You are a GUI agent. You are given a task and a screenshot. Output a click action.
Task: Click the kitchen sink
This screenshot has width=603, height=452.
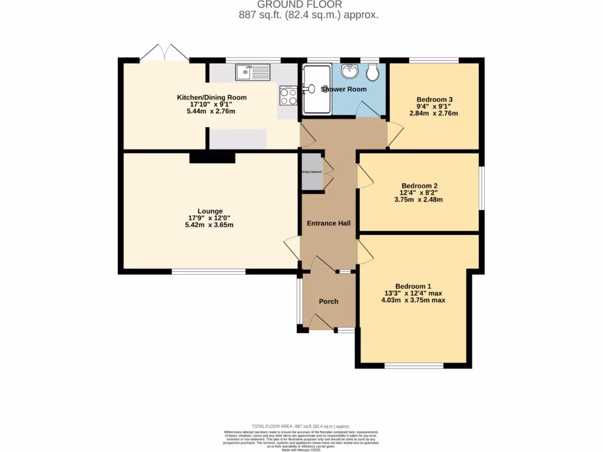(x=252, y=72)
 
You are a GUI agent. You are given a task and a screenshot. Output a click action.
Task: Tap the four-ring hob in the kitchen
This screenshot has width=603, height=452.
(x=288, y=96)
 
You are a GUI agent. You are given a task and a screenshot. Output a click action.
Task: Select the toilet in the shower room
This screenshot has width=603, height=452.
(x=372, y=73)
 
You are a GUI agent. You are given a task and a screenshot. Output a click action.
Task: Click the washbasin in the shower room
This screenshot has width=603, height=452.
(x=350, y=72)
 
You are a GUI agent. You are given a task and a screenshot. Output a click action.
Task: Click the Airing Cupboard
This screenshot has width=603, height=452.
(x=312, y=172)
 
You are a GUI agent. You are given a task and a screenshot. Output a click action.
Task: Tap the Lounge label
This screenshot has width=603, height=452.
(x=210, y=211)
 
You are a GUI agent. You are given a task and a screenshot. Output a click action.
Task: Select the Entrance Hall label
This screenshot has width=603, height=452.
(x=328, y=224)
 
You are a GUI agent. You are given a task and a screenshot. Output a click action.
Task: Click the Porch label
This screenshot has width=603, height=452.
(x=328, y=301)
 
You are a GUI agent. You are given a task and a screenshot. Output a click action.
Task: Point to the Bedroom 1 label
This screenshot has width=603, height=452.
(x=413, y=286)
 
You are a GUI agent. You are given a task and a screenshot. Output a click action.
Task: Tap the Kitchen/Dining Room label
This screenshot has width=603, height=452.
(x=211, y=98)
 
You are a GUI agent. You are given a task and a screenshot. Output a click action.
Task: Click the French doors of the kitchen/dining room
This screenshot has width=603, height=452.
(x=164, y=54)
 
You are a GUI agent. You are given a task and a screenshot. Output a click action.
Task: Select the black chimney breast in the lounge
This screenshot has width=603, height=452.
(x=212, y=158)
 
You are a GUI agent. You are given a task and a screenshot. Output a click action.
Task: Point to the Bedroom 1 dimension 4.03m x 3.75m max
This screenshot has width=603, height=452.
(x=413, y=300)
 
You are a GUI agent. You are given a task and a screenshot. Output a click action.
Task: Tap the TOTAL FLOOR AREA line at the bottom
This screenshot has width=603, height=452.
(x=301, y=426)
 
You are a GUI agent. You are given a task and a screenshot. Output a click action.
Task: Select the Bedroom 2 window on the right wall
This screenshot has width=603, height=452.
(x=481, y=188)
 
